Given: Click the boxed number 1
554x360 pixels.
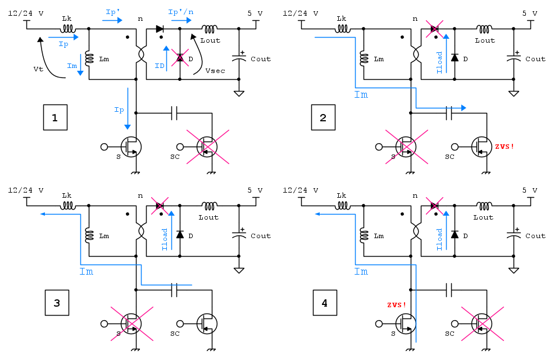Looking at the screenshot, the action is pyautogui.click(x=55, y=117).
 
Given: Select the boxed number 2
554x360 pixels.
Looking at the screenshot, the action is pyautogui.click(x=323, y=117).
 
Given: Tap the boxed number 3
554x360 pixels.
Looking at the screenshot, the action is pyautogui.click(x=57, y=303).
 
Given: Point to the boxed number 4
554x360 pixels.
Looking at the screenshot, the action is pyautogui.click(x=325, y=303).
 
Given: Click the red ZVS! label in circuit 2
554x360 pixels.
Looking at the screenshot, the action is pyautogui.click(x=504, y=146).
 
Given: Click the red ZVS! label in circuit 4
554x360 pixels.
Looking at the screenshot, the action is pyautogui.click(x=397, y=304).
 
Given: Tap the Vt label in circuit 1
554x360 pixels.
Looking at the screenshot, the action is pyautogui.click(x=38, y=69).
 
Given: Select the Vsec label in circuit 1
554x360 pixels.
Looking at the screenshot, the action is pyautogui.click(x=215, y=71).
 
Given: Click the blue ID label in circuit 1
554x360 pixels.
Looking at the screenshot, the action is pyautogui.click(x=160, y=66).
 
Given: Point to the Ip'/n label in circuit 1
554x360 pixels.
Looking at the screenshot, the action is pyautogui.click(x=181, y=12).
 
